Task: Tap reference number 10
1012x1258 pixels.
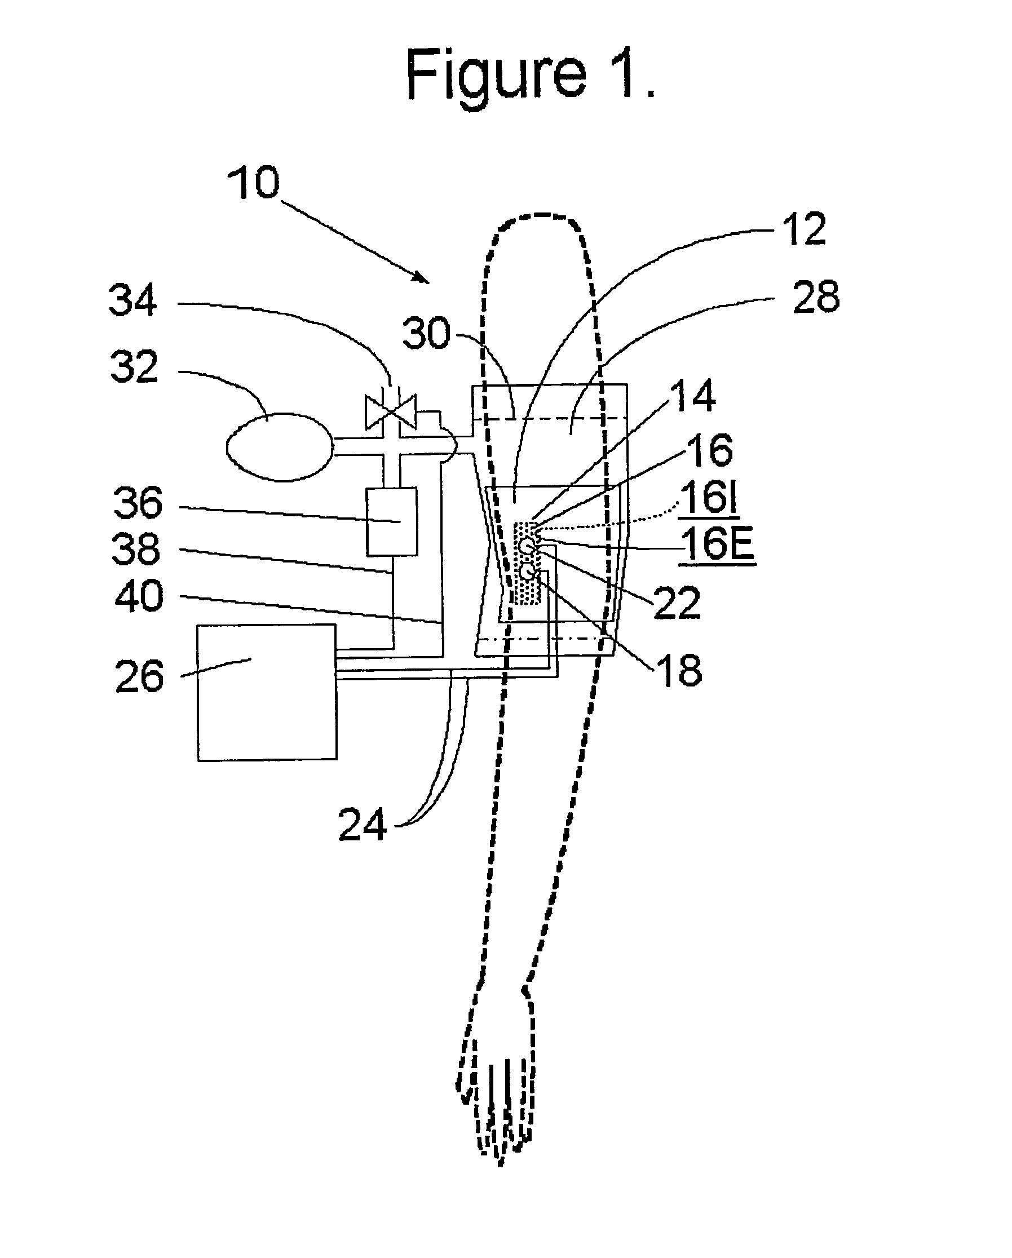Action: [253, 183]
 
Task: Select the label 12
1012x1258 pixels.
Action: [803, 229]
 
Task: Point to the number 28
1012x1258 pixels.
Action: [815, 297]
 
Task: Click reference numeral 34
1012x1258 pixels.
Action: [132, 300]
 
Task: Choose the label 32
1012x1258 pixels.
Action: [134, 367]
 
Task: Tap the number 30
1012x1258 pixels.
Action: [426, 334]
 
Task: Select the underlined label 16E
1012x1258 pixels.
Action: [717, 544]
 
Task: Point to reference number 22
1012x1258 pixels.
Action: [677, 603]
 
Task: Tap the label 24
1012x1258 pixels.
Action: [362, 825]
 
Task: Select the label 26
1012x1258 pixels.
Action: [139, 676]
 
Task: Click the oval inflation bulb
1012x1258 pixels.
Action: [279, 447]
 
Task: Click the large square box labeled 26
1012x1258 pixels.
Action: [267, 692]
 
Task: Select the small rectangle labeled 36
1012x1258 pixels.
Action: [391, 521]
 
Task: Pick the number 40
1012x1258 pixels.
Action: [138, 596]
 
